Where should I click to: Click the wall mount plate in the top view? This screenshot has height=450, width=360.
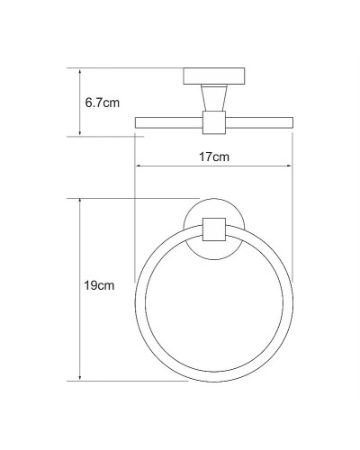(212, 75)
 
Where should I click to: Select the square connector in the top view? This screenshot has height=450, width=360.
(212, 121)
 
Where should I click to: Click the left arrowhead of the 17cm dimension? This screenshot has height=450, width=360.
(137, 166)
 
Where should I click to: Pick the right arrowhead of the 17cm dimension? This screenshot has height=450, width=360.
(288, 166)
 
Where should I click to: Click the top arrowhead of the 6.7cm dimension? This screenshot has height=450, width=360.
(81, 70)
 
